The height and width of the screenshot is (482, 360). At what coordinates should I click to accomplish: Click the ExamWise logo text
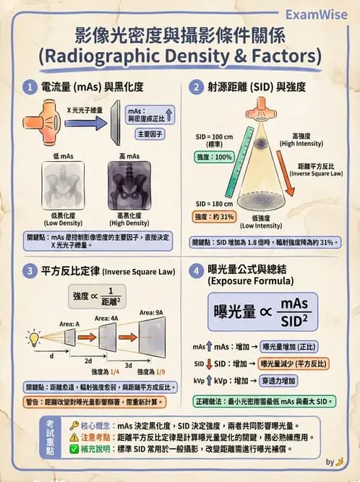click(316, 14)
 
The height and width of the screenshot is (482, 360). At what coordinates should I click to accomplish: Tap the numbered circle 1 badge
click(30, 87)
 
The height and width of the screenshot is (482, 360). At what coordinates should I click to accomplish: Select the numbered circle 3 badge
click(30, 272)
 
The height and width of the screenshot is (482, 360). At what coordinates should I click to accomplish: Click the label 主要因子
click(150, 134)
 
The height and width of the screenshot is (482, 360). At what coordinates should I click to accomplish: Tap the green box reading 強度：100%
click(215, 157)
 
